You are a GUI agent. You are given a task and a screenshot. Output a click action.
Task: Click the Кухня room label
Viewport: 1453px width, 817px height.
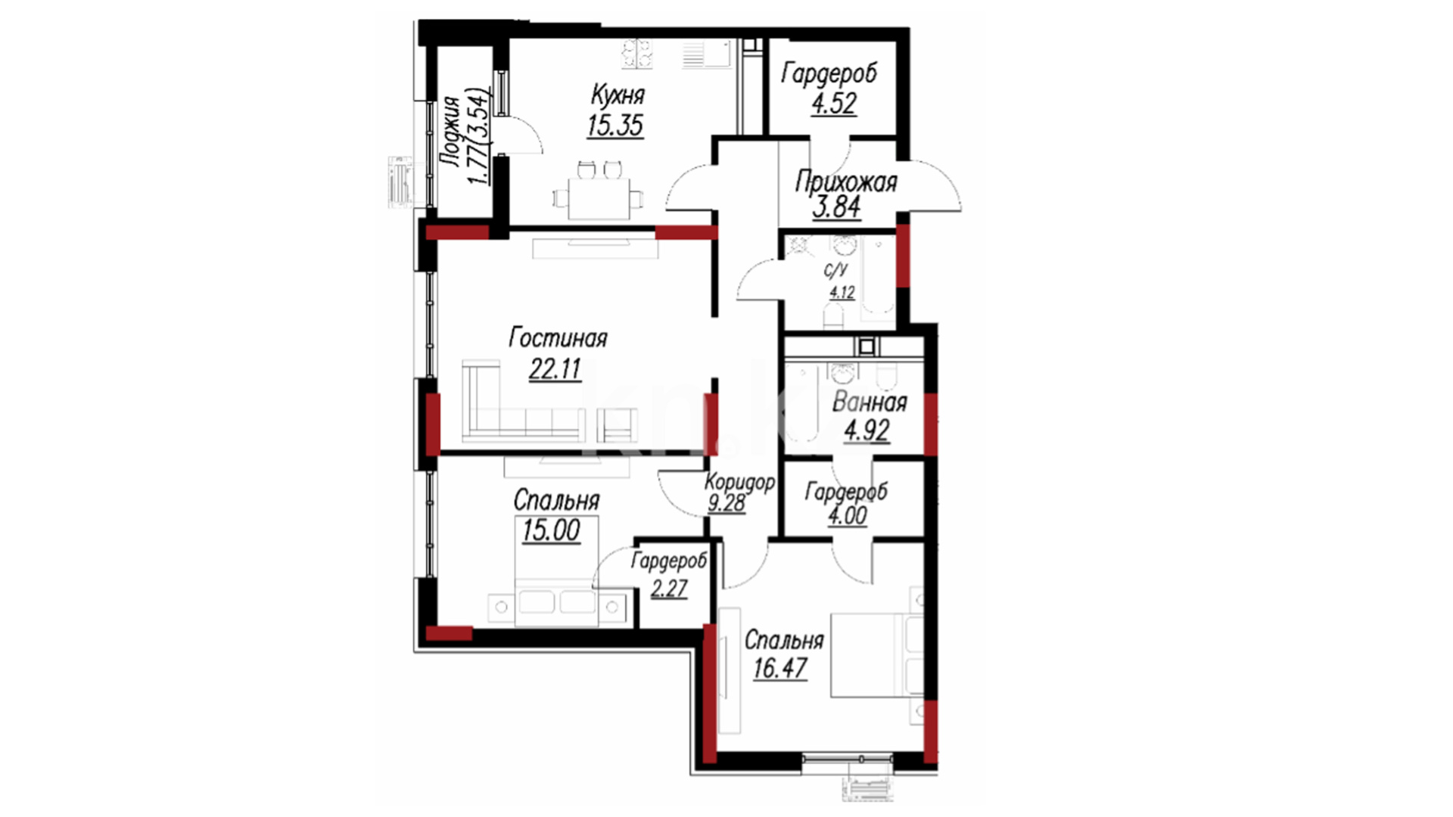pos(618,95)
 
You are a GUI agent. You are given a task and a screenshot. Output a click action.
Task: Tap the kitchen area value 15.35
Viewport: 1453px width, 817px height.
pos(615,125)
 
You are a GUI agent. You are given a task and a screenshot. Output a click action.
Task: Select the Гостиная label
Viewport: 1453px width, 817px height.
pos(558,337)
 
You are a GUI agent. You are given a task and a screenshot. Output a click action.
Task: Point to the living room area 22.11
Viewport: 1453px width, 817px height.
pos(555,369)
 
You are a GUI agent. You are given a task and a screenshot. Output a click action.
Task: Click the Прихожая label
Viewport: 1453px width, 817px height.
pos(846,182)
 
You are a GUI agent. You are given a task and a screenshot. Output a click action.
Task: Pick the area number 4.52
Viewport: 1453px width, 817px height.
pos(834,103)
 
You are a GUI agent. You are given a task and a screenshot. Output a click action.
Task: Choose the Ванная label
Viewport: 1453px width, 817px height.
pos(870,402)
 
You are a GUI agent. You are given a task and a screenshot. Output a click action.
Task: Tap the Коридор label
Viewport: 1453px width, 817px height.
pos(739,483)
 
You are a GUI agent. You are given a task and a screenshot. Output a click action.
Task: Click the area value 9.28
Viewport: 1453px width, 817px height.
pos(726,503)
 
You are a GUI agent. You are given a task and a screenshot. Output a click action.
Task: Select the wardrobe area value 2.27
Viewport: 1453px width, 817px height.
pos(670,588)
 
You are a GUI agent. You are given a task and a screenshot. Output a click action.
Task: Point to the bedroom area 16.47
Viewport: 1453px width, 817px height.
pos(780,669)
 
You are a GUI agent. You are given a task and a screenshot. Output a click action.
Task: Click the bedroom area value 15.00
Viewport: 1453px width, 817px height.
pos(551,530)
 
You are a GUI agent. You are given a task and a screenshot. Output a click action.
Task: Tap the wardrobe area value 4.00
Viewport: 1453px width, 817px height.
pos(847,516)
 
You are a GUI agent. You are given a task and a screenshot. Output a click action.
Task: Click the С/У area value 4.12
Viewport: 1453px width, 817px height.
pos(842,292)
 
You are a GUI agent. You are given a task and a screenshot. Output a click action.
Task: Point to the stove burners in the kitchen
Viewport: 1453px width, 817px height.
pos(637,54)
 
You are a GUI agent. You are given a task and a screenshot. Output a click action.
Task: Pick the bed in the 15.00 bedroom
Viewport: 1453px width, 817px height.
pos(556,571)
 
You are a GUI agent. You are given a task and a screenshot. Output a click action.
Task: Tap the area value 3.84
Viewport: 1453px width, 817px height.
pos(837,207)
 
